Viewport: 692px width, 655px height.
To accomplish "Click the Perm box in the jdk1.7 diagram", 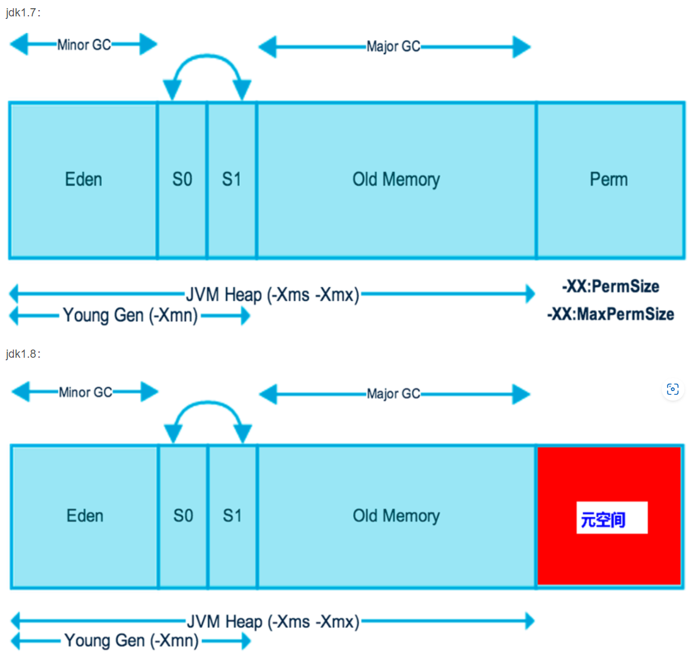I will [x=609, y=179].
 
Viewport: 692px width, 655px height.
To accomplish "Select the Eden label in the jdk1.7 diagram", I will [x=83, y=179].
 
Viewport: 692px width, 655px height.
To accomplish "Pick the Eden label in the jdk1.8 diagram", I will [x=84, y=516].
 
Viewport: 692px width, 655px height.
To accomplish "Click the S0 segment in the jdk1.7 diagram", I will [x=182, y=179].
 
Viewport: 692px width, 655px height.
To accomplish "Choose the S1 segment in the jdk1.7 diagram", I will [x=232, y=179].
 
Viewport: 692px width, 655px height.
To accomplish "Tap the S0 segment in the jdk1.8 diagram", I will [x=183, y=516].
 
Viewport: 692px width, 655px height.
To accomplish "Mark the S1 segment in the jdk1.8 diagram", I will [x=232, y=516].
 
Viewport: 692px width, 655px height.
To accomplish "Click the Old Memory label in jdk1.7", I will [x=396, y=179].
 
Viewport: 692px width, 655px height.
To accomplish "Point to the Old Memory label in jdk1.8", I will [x=396, y=516].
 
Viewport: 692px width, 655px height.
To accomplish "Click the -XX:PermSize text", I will [x=610, y=287].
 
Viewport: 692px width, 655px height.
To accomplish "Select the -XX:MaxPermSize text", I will [x=610, y=314].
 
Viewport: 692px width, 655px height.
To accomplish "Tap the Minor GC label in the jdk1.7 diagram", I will [x=84, y=45].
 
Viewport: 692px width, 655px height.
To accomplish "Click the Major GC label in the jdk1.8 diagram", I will [x=394, y=394].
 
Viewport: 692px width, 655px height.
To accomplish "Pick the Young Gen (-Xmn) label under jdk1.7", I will [x=130, y=316].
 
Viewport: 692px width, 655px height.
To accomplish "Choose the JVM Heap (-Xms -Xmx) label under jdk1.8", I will [x=273, y=622].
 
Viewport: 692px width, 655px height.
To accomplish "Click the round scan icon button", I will [x=672, y=390].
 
